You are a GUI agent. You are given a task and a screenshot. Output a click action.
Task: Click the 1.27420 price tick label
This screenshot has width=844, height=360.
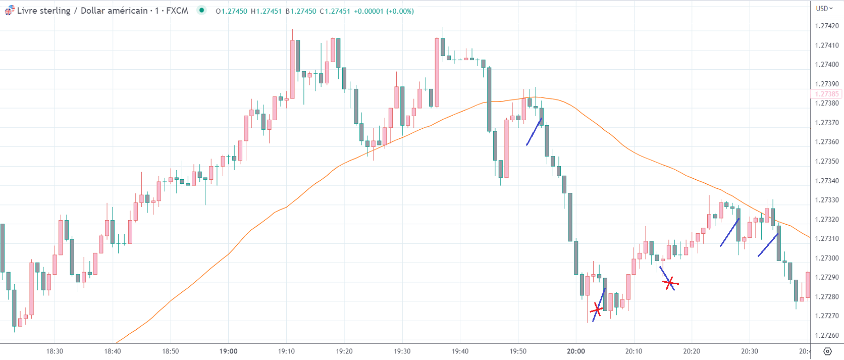(827, 26)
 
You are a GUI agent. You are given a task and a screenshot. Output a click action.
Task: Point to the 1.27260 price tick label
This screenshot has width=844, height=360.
(827, 335)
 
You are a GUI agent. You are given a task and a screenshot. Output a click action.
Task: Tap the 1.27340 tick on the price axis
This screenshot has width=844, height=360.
(827, 181)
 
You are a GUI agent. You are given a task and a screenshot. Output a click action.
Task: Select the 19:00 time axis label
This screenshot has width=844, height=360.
(229, 351)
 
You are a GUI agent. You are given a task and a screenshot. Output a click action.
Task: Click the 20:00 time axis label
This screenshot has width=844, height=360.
(576, 351)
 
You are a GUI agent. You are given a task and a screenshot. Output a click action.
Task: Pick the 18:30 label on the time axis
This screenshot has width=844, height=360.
(55, 351)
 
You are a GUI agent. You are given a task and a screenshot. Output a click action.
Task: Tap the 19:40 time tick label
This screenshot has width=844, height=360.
(460, 351)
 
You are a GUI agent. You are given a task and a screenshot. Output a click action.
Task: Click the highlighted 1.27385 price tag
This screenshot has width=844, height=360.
(826, 94)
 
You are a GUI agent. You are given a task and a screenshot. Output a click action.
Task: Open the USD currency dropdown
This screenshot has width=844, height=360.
(824, 8)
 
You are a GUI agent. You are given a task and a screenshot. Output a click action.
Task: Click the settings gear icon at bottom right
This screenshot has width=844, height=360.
(827, 351)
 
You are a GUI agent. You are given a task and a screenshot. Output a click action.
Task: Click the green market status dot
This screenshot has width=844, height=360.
(201, 10)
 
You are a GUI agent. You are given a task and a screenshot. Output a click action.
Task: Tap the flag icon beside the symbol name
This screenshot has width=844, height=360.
(10, 10)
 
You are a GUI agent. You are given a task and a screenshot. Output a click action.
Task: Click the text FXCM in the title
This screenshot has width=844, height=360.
(177, 11)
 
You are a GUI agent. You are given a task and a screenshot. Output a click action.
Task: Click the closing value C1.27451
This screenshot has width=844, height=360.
(335, 11)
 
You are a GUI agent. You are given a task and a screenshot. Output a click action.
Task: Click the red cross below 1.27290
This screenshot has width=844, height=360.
(670, 283)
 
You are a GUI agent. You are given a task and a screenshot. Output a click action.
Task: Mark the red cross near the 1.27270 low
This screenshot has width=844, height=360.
(597, 308)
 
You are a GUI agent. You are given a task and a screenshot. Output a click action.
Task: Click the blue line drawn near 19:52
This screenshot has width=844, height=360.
(534, 131)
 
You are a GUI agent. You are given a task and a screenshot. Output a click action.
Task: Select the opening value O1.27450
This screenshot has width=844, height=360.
(231, 11)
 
